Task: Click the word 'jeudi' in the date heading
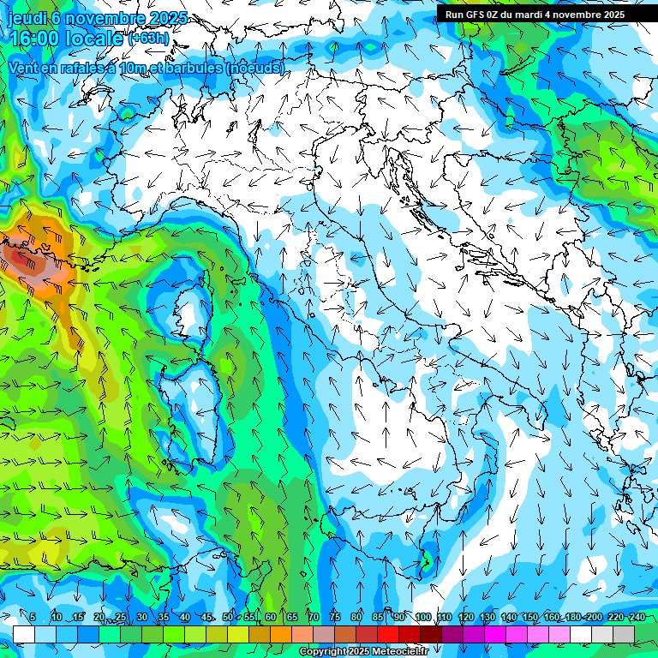[x=28, y=18]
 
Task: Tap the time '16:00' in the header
[x=38, y=39]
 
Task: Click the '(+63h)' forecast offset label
[x=147, y=39]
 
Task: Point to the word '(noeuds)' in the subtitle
[x=254, y=68]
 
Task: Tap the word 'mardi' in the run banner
[x=542, y=14]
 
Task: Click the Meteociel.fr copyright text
[x=362, y=652]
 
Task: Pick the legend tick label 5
[x=33, y=617]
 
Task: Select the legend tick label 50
[x=227, y=617]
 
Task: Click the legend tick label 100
[x=422, y=617]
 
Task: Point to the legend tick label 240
[x=637, y=617]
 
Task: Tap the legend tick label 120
[x=465, y=617]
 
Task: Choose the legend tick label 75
[x=335, y=617]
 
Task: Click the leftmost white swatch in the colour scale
[x=24, y=634]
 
